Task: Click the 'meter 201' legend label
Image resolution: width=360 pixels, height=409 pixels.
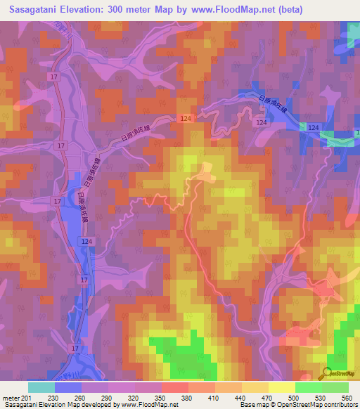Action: (15, 398)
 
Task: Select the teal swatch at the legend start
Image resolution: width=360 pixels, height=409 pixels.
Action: (41, 387)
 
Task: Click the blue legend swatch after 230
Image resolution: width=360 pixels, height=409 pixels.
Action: (68, 387)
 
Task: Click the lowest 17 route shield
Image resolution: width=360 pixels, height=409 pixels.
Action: (75, 349)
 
